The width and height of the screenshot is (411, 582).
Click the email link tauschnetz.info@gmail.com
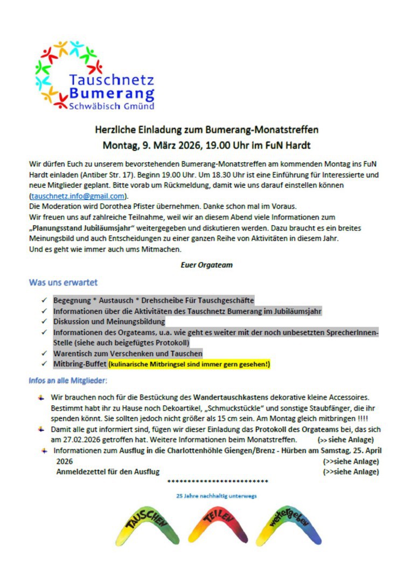(78, 196)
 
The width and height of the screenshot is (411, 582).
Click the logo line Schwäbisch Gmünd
(112, 106)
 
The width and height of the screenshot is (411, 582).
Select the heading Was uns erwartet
(63, 282)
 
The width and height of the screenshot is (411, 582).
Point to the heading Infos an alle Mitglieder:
(68, 381)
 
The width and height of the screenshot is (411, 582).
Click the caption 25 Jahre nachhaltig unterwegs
(217, 495)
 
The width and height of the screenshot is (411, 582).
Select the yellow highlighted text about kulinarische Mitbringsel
(189, 365)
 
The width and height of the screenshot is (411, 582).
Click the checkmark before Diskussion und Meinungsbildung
(44, 322)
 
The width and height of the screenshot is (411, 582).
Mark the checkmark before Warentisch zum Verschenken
(44, 354)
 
